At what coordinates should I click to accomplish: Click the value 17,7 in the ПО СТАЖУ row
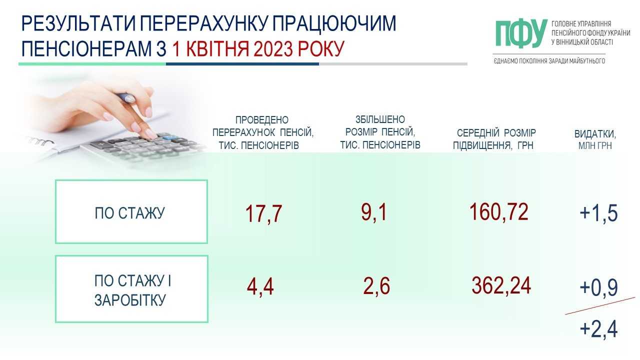263,213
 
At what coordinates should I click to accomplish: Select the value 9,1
374,212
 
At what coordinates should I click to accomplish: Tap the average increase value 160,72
498,211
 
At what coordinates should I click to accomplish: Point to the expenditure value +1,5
598,213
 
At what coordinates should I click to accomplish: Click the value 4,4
260,286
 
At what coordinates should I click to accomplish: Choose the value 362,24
501,285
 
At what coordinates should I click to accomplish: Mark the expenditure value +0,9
598,287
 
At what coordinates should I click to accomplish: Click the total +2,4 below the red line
598,329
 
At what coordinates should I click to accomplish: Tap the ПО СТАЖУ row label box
131,211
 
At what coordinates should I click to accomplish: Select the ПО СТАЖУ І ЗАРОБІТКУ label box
131,289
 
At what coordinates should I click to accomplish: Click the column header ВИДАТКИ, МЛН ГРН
595,139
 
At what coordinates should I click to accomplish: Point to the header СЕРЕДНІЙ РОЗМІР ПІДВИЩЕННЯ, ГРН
494,139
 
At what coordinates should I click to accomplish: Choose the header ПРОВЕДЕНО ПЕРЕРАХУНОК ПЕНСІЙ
262,132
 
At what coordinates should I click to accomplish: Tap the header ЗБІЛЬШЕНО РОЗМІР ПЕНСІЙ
380,132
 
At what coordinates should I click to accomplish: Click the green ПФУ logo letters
521,33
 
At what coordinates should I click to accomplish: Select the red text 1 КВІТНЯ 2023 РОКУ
258,48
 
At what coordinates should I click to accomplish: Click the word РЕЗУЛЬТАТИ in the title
78,23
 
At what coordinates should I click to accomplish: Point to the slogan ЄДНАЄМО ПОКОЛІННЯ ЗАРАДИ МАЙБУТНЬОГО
549,61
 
